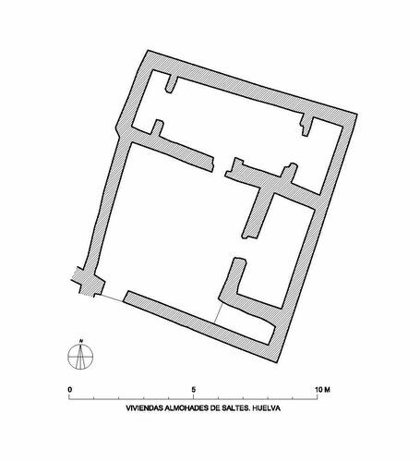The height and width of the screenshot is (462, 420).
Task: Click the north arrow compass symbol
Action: tap(80, 357)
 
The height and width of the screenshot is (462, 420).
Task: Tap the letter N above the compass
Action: tap(81, 341)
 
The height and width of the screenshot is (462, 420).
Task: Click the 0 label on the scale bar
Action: tap(70, 390)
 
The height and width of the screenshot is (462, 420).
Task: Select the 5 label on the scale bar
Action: tap(193, 390)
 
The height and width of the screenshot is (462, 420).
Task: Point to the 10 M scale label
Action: tap(322, 390)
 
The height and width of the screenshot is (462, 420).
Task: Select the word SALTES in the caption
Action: tap(237, 408)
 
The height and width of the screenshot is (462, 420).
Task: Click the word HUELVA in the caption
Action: tap(268, 408)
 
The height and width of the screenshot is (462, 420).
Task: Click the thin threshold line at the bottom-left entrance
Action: tap(112, 298)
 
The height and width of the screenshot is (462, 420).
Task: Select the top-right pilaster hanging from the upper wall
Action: tap(306, 125)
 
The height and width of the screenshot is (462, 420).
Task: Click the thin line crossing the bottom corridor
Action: tap(219, 312)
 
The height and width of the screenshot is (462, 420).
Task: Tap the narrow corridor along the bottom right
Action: tap(246, 322)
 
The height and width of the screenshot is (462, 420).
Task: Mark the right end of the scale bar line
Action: tap(318, 399)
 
